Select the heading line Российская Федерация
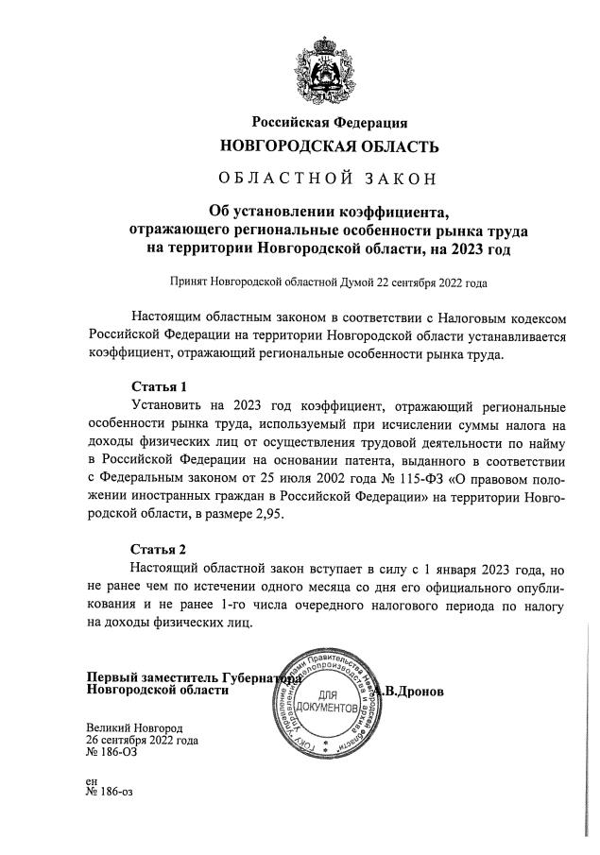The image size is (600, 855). (329, 122)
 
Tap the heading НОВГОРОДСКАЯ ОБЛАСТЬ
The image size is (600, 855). (329, 146)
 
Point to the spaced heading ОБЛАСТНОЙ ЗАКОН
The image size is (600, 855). (329, 179)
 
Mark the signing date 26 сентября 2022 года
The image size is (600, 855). (142, 742)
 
